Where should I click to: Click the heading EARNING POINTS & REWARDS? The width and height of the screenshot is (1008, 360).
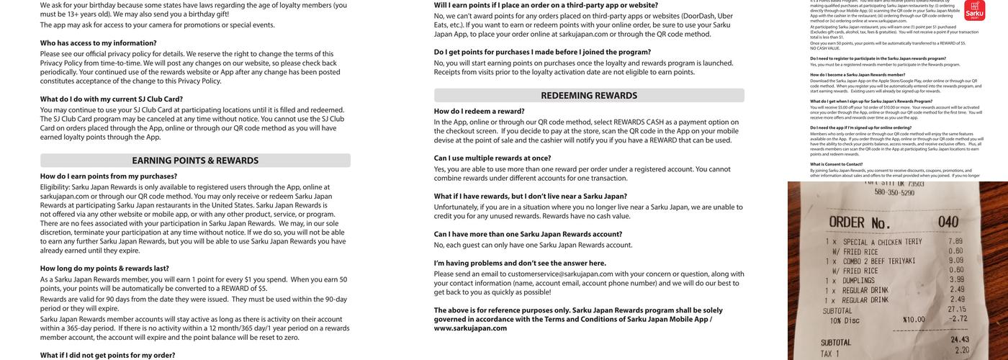click(195, 161)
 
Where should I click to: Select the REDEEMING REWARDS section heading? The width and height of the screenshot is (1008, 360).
click(589, 95)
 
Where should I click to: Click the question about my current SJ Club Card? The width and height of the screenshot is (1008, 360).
click(112, 99)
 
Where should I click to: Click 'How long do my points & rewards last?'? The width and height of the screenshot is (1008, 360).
click(105, 269)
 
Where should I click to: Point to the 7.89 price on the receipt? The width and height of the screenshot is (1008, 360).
click(955, 242)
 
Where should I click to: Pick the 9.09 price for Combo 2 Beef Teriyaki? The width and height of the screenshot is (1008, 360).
click(955, 261)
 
